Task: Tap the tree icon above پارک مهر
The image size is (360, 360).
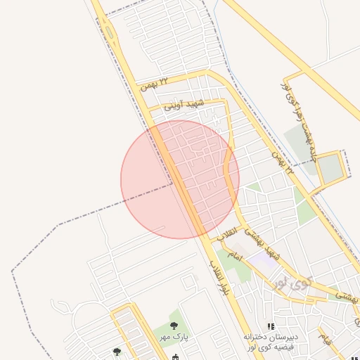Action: pyautogui.click(x=174, y=326)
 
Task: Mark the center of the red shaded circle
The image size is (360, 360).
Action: pyautogui.click(x=180, y=179)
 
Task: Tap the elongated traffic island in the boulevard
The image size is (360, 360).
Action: pyautogui.click(x=109, y=32)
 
